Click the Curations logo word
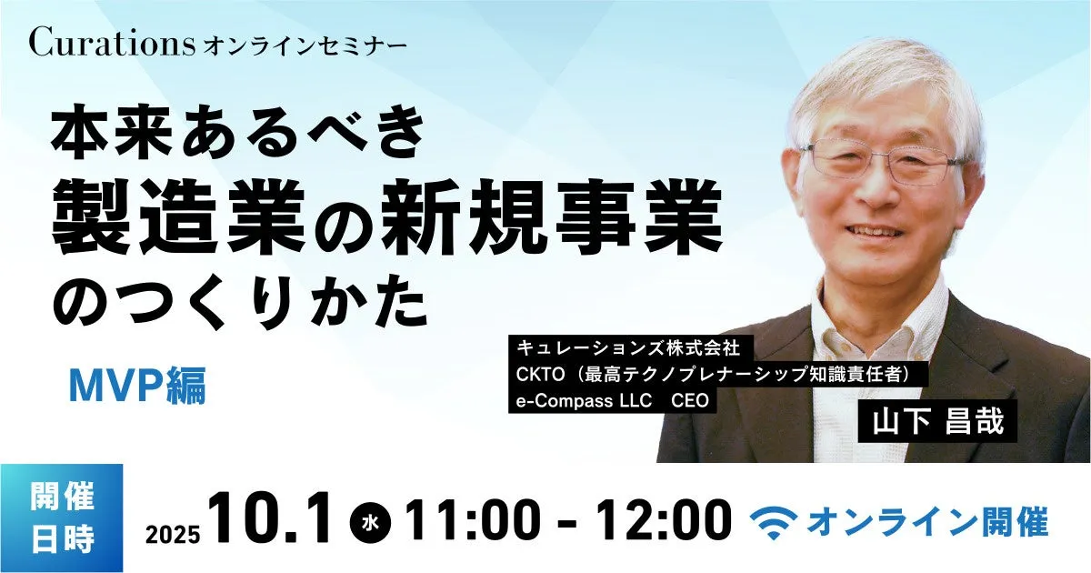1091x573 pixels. coord(113,42)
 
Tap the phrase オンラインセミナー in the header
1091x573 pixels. coord(305,46)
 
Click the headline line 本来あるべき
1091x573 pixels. coord(238,132)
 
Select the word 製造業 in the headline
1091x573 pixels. coord(178,216)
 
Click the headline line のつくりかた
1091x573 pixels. coord(240,302)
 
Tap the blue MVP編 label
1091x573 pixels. coord(137,386)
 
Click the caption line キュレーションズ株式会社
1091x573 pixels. coord(628,347)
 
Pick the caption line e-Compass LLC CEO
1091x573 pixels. coord(612,400)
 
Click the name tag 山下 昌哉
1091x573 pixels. coord(937,421)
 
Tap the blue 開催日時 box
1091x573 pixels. coord(62,518)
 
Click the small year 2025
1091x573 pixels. coord(173,535)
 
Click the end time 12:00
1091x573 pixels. coord(664,520)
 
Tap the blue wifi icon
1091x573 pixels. coord(774,522)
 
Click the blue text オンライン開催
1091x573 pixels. coord(928,522)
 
